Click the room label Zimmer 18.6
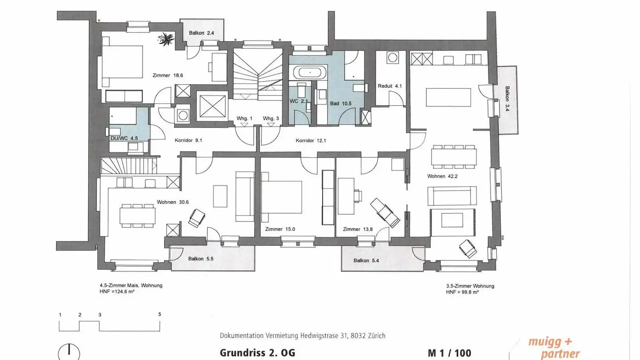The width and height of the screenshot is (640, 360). tap(167, 76)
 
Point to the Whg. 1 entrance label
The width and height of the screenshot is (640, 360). tap(244, 118)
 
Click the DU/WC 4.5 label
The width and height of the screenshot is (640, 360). tap(124, 138)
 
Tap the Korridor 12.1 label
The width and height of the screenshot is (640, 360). tap(311, 141)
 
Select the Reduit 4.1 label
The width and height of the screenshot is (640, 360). tap(390, 86)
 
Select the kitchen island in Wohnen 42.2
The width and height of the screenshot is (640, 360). tap(448, 97)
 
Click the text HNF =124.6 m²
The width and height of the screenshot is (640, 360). tap(117, 292)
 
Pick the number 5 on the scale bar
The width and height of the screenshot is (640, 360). tap(160, 314)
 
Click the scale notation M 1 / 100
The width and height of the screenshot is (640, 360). tap(449, 353)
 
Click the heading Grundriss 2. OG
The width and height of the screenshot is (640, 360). tap(257, 353)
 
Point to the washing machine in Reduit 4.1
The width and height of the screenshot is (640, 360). tap(392, 58)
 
